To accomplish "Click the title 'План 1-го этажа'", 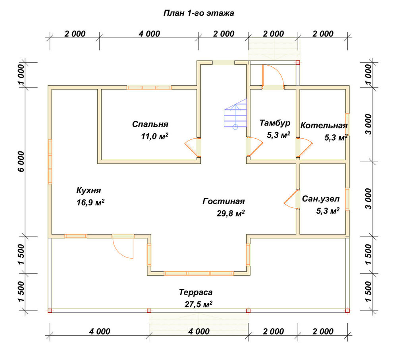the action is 199,13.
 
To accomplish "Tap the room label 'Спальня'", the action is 150,124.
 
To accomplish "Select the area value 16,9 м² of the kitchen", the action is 91,202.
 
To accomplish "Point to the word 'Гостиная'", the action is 224,201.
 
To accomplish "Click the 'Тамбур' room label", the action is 275,123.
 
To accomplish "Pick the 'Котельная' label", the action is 324,126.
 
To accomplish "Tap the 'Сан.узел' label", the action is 321,199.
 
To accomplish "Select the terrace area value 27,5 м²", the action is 198,304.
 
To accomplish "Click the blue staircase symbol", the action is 235,114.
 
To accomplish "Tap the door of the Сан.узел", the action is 291,199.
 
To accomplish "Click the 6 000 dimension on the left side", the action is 21,161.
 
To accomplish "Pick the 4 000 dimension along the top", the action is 149,34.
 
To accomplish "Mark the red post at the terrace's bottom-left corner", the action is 50,311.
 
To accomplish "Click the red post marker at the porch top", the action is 298,62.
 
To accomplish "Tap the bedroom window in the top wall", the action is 149,87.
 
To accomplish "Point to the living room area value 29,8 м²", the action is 231,213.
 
